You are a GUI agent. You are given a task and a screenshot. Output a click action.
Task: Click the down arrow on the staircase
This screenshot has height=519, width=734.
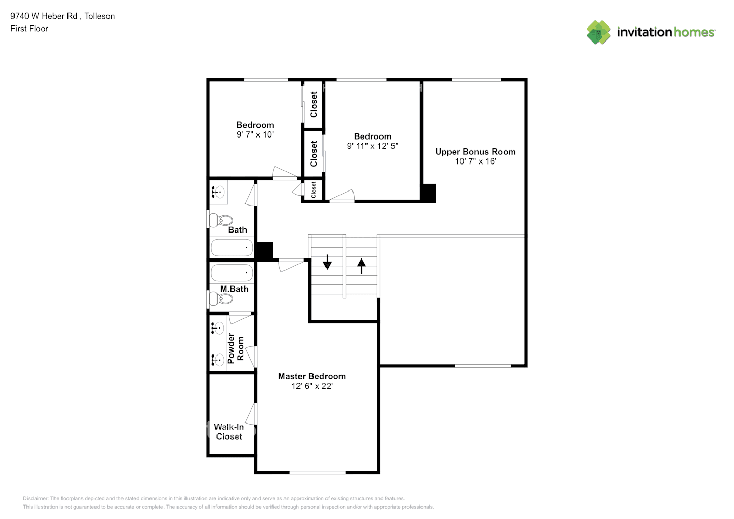(327, 262)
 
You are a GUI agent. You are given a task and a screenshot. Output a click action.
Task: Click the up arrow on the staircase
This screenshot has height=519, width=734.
(361, 266)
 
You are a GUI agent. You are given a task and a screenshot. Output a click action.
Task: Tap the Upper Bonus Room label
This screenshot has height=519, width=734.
(475, 152)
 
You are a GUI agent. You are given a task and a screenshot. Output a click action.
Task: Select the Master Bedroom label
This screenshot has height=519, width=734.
(311, 376)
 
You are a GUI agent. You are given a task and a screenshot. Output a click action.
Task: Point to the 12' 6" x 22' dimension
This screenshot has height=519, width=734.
(311, 386)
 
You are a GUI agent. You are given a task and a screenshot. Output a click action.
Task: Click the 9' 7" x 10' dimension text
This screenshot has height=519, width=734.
(255, 134)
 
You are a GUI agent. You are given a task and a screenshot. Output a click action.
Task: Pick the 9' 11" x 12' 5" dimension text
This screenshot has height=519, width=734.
(372, 146)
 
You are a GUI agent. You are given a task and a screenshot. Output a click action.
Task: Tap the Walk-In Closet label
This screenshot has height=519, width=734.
(229, 432)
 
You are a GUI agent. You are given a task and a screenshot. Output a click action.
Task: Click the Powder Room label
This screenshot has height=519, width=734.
(236, 348)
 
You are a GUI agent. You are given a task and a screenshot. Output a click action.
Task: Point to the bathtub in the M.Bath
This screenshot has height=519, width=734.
(232, 272)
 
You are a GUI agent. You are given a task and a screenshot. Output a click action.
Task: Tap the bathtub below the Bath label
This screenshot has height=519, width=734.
(232, 248)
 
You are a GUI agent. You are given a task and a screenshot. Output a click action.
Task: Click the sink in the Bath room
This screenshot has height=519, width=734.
(219, 192)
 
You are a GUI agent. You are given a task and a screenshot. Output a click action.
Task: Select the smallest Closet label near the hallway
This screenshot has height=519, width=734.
(314, 189)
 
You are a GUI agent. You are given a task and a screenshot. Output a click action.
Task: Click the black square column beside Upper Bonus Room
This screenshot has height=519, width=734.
(428, 193)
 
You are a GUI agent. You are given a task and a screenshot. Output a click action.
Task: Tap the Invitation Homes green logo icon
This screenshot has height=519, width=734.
(599, 32)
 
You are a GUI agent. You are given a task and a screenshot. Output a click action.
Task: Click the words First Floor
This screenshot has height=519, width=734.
(29, 29)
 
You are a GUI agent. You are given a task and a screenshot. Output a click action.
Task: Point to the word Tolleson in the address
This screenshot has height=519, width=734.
(100, 16)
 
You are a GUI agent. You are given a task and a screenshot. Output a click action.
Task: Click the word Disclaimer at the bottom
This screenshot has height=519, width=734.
(35, 498)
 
